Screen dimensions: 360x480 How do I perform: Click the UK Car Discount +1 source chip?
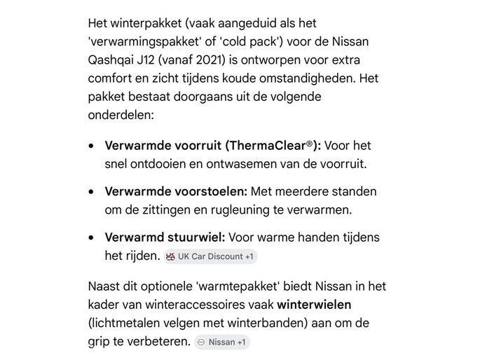coord(211,256)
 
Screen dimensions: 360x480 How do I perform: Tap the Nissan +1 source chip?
coord(222,342)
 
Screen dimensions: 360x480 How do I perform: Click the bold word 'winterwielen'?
coord(314,305)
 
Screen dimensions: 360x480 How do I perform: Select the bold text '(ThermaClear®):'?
coord(274,146)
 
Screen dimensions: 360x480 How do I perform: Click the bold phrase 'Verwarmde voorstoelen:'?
coord(176,191)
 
